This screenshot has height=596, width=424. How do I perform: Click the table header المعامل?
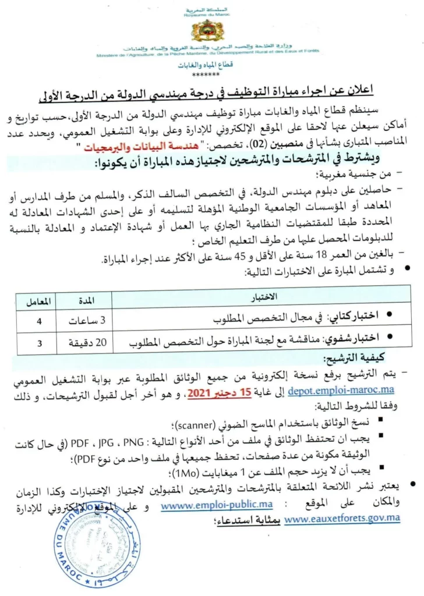pyautogui.click(x=40, y=301)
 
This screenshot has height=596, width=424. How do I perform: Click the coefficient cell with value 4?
pyautogui.click(x=40, y=319)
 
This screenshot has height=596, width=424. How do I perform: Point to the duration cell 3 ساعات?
pyautogui.click(x=87, y=319)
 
